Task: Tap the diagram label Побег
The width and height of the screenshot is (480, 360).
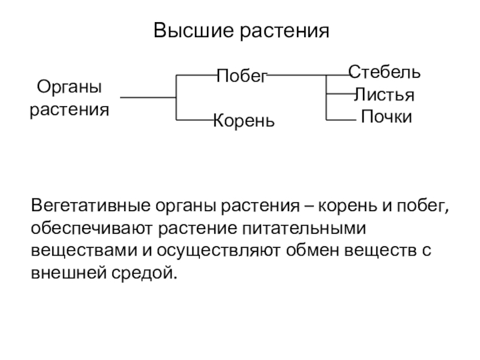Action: pyautogui.click(x=241, y=76)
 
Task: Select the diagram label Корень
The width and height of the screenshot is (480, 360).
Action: pyautogui.click(x=244, y=121)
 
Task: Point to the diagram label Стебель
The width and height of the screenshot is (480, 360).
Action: pyautogui.click(x=385, y=73)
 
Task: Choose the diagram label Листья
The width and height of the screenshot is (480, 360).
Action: pyautogui.click(x=385, y=95)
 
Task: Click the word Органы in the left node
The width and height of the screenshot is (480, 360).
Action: pyautogui.click(x=70, y=88)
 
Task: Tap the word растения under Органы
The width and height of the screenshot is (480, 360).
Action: pyautogui.click(x=70, y=110)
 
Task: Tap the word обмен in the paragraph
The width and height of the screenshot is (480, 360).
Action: pyautogui.click(x=312, y=251)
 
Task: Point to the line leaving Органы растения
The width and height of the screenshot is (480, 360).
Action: pyautogui.click(x=147, y=97)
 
